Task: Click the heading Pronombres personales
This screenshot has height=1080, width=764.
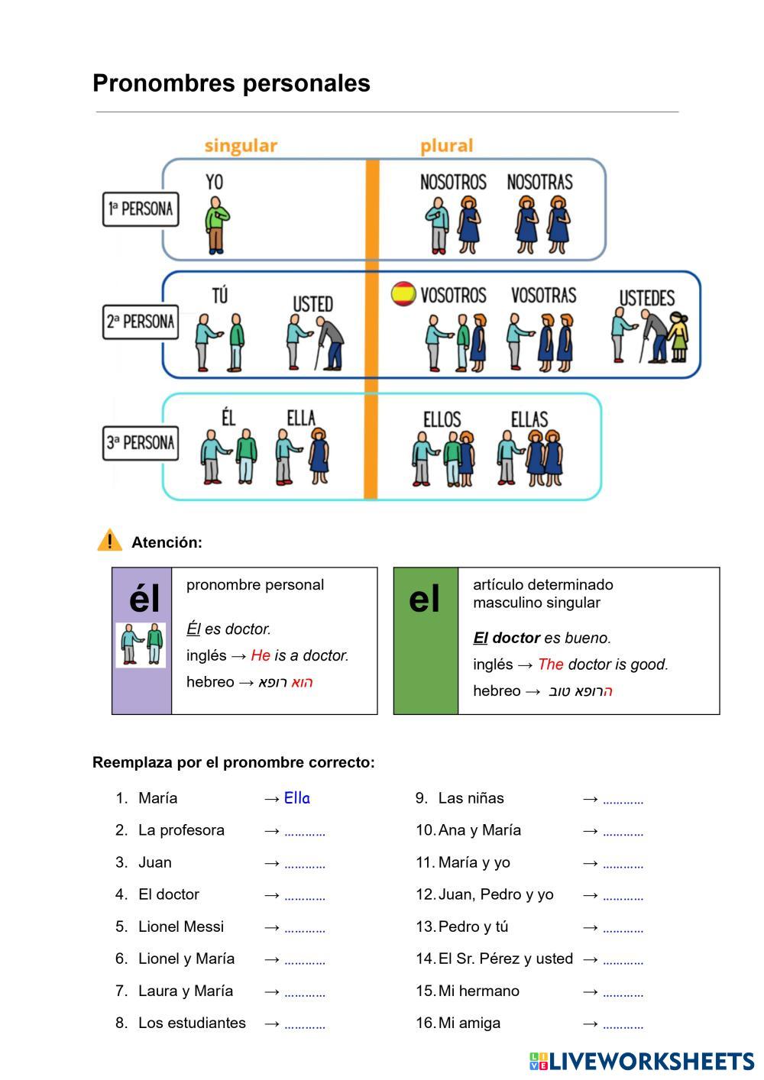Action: [231, 83]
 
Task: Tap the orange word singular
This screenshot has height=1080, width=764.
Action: [241, 146]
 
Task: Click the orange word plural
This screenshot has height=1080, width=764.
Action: [446, 146]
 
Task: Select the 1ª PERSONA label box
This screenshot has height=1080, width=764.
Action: [141, 209]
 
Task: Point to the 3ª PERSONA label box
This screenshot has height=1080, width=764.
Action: [141, 443]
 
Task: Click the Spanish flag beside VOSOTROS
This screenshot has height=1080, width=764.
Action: [403, 294]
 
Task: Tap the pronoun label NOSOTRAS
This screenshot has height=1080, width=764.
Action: [539, 183]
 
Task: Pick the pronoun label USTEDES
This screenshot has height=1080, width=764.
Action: [646, 298]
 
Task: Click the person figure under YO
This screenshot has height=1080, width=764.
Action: [217, 225]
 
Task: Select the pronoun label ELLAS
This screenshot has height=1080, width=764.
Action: [529, 419]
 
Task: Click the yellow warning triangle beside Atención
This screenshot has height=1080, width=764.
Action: [109, 541]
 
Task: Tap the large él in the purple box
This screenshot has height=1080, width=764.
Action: [144, 599]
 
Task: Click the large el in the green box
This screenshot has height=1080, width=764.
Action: [425, 600]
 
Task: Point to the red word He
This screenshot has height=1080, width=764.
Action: [261, 655]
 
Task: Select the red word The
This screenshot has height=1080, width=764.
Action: [550, 664]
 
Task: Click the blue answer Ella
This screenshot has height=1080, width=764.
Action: [296, 798]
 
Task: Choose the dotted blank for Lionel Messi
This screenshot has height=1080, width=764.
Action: [305, 930]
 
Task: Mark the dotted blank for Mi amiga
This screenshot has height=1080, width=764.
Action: [623, 1026]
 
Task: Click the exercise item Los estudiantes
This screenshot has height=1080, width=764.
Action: [192, 1023]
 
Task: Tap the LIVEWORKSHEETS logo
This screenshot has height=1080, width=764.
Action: [641, 1061]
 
